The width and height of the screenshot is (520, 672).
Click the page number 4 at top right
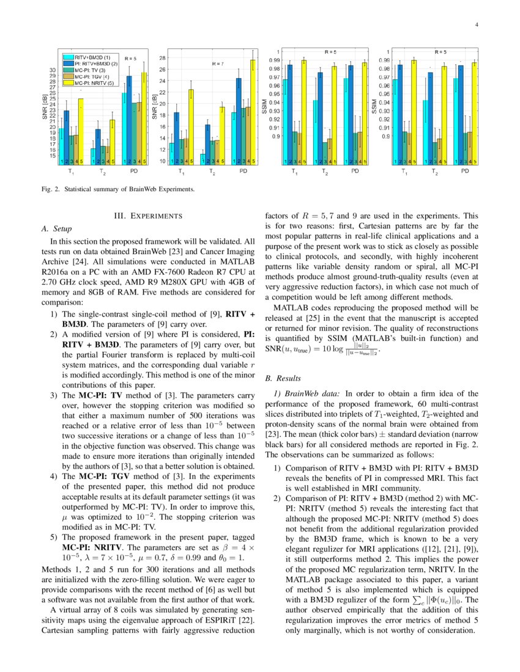click(x=475, y=25)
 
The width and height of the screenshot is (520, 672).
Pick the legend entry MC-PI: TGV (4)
click(x=88, y=76)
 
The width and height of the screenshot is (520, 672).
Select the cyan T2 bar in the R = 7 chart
click(x=202, y=158)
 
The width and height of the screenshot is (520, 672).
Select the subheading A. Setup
click(x=55, y=228)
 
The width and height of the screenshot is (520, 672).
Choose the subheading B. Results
click(x=280, y=378)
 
